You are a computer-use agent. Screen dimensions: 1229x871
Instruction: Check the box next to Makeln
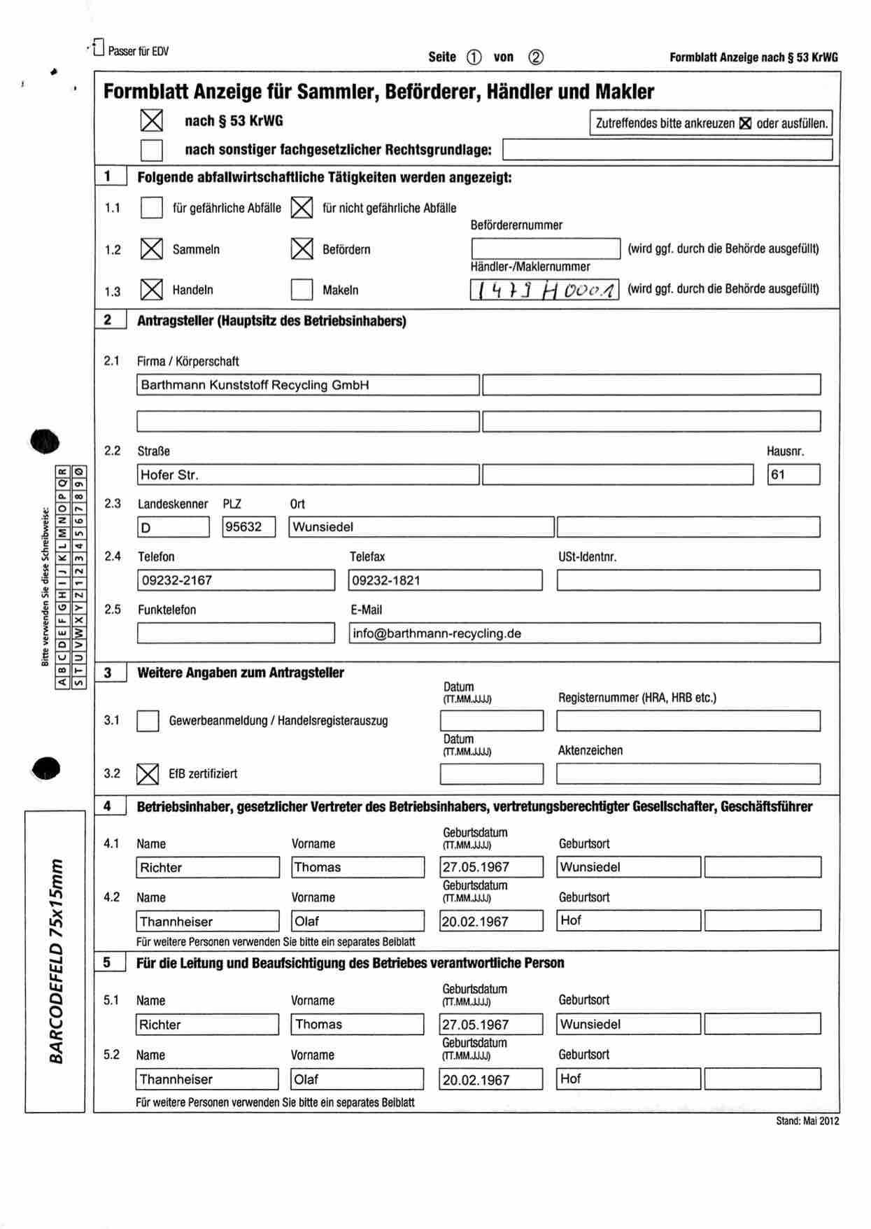(302, 290)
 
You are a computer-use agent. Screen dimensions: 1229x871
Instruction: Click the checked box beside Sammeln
(152, 249)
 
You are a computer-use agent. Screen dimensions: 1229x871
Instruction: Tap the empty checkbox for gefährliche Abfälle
(152, 208)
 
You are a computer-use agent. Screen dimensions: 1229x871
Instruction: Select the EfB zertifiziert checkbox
(148, 773)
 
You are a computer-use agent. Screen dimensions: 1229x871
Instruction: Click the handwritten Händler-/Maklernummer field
(544, 290)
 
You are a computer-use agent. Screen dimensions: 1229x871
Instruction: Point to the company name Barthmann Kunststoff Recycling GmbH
(255, 385)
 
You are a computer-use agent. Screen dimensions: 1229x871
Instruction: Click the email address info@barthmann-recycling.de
(437, 633)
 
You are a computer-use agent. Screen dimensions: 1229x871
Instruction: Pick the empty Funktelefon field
(236, 633)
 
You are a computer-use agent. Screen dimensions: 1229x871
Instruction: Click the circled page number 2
(535, 57)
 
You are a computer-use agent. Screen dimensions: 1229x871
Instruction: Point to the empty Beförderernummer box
(546, 248)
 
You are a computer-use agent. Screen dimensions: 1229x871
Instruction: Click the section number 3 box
(110, 673)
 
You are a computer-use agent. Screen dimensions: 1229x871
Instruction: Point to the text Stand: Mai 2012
(807, 1121)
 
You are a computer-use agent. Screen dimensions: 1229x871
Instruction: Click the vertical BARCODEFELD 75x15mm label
(55, 961)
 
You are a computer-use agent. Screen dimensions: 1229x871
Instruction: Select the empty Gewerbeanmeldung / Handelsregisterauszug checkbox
(148, 721)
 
